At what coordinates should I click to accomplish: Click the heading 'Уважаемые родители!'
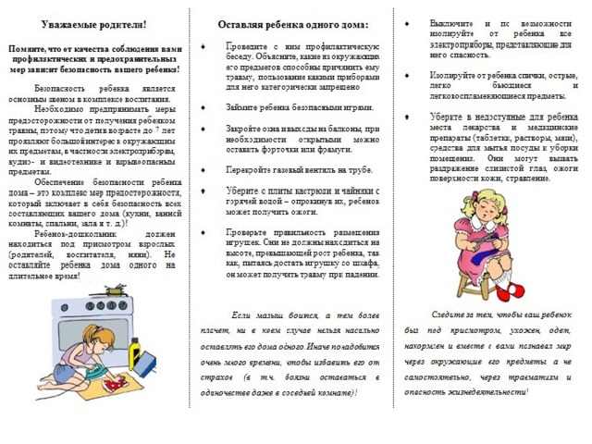(97, 23)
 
